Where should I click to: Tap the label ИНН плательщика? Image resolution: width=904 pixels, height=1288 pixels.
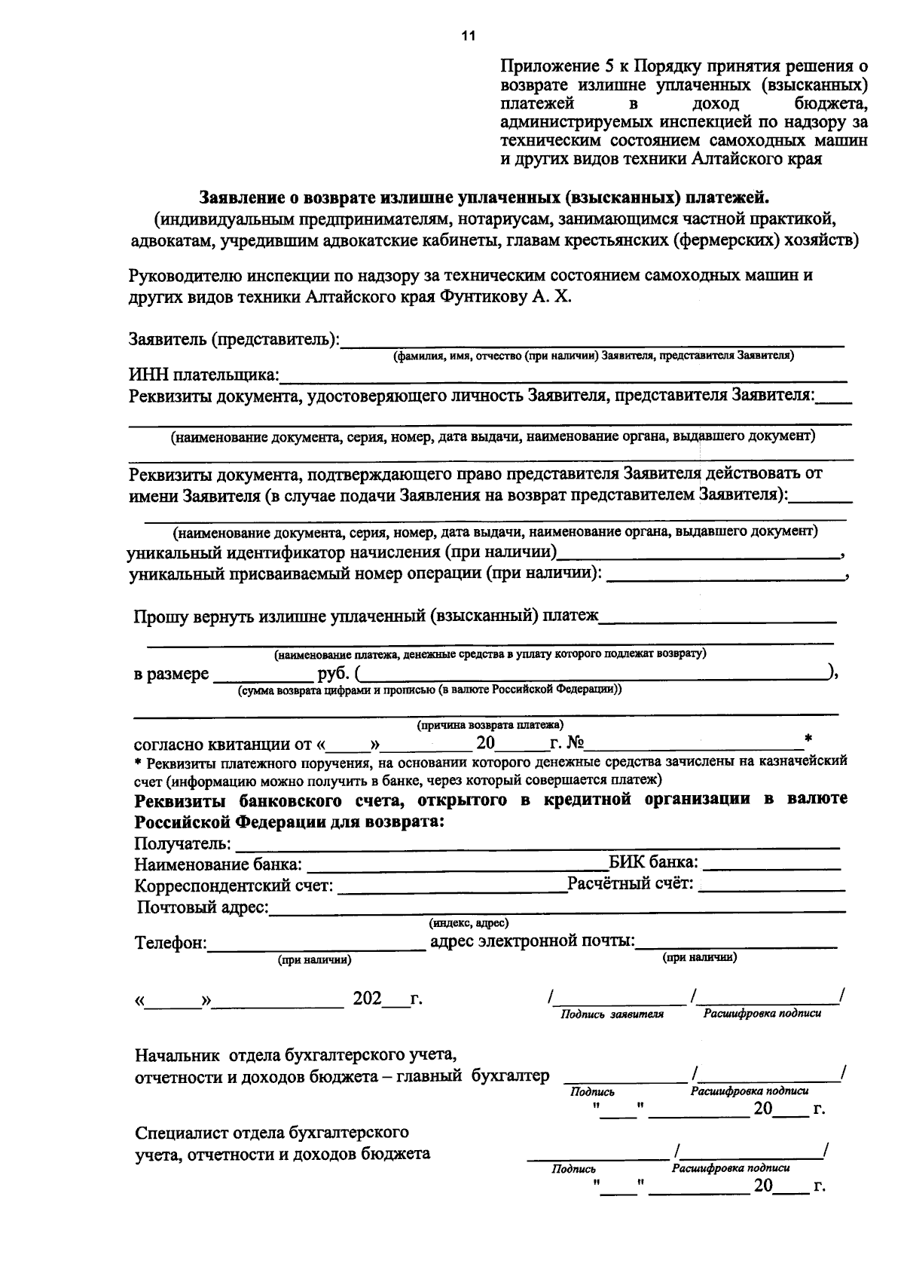coord(204,375)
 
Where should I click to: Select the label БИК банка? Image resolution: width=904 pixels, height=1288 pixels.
coord(653,862)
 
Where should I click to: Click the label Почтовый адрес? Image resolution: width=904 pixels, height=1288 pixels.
coord(203,907)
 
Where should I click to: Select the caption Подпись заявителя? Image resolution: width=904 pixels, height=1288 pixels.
coord(612,1014)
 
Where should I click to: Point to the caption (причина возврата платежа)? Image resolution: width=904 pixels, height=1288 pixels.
coord(490,725)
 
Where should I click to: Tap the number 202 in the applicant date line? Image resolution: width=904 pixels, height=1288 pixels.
coord(367,999)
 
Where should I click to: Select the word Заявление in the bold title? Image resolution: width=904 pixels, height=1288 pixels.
coord(241,197)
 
